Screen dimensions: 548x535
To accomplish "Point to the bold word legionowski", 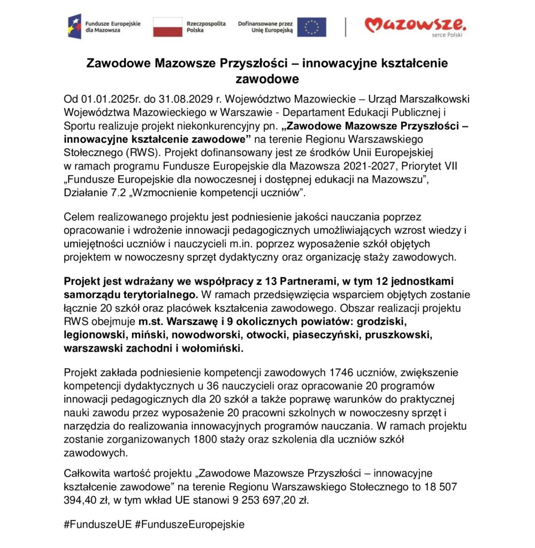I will click(x=93, y=335).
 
